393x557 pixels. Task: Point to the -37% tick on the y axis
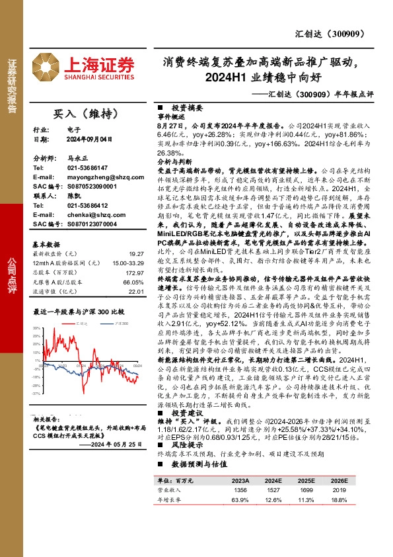[x=38, y=393]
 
